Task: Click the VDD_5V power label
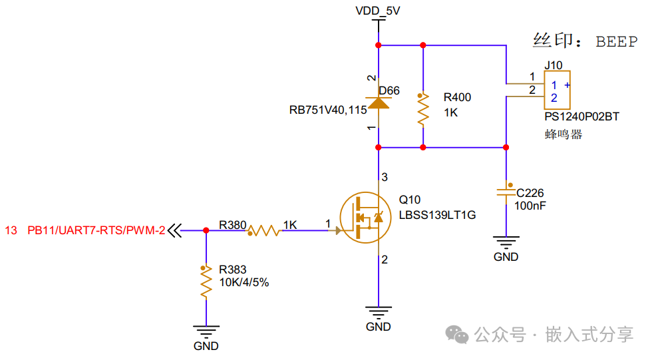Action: click(377, 11)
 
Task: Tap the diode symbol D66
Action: click(379, 102)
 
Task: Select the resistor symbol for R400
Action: click(423, 110)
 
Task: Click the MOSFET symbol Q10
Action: click(365, 218)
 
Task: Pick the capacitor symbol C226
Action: click(506, 192)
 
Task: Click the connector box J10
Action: click(558, 90)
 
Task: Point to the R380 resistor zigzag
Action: click(264, 230)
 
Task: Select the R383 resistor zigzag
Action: click(206, 282)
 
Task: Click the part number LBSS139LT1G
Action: click(437, 215)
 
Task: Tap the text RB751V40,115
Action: click(328, 110)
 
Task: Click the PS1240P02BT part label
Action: click(582, 117)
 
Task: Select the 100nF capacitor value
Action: click(530, 206)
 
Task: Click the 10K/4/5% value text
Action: click(244, 282)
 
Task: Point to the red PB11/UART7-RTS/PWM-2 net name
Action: click(96, 230)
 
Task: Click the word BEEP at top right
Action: click(617, 42)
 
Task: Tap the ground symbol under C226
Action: click(506, 242)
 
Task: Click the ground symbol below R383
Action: click(206, 331)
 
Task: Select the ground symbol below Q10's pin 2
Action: click(379, 313)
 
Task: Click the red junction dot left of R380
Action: click(206, 230)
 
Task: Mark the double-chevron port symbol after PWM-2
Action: click(175, 230)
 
